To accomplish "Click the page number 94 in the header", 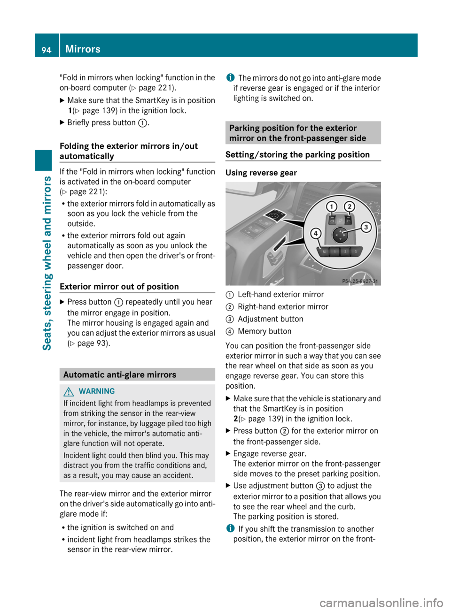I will (47, 49).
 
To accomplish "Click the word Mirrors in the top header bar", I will (83, 49).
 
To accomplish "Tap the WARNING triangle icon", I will (70, 391).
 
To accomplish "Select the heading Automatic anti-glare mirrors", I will (120, 374).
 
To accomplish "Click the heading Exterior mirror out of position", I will (119, 286).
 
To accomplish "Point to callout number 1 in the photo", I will (332, 206).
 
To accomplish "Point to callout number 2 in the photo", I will (349, 206).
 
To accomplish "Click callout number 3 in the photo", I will (365, 228).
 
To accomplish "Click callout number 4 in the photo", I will (316, 233).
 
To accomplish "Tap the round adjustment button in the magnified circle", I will (340, 234).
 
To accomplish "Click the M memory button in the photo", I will (324, 252).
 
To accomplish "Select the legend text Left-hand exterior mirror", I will (280, 294).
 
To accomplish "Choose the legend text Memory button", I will (264, 331).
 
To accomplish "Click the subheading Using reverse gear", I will (261, 173).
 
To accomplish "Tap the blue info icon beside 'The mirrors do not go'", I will (230, 77).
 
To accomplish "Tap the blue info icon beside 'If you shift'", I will (230, 528).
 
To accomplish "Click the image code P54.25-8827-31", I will (360, 281).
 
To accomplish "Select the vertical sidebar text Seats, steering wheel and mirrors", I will (47, 263).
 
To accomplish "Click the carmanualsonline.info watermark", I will (381, 603).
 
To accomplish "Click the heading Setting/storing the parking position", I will (297, 154).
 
